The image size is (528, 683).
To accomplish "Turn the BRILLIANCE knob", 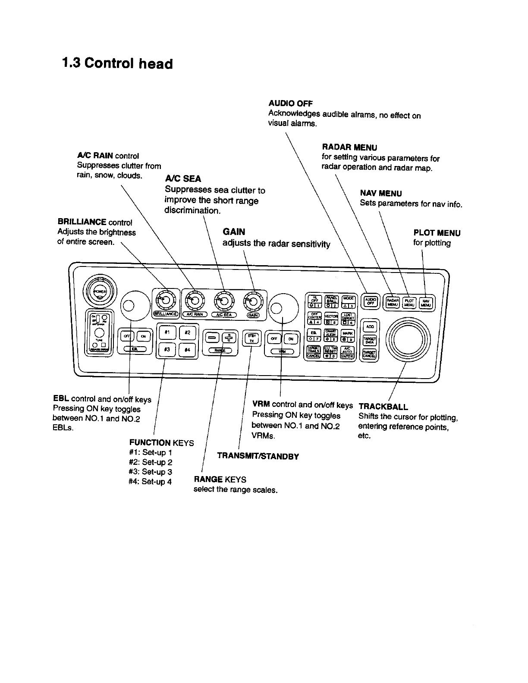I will pyautogui.click(x=163, y=298).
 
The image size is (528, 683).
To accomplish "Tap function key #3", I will pyautogui.click(x=166, y=350).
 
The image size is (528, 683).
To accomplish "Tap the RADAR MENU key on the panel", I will pyautogui.click(x=392, y=302).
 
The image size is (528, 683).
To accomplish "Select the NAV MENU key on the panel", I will pyautogui.click(x=426, y=302).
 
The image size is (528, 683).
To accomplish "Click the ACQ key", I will pyautogui.click(x=369, y=326).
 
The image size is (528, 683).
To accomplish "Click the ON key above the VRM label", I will pyautogui.click(x=291, y=338).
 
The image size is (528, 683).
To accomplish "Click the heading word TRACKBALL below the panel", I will pyautogui.click(x=383, y=406).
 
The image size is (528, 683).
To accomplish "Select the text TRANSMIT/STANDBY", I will pyautogui.click(x=258, y=456).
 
